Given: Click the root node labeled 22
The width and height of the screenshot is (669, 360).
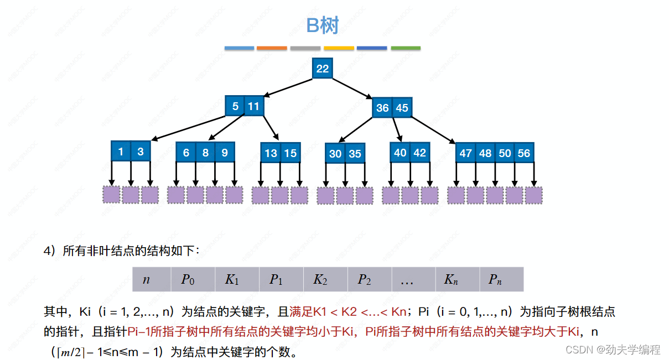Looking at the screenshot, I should pos(322,69).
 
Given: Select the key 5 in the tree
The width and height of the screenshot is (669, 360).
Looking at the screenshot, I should pos(235,106).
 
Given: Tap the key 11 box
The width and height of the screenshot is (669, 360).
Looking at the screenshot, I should pos(253,106).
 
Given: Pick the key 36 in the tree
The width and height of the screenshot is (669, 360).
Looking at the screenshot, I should pos(382,108).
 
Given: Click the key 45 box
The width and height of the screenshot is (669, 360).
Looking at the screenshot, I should pos(402,108).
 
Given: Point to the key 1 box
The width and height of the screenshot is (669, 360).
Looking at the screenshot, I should pos(121,151).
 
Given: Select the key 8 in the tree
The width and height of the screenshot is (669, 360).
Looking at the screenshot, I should pos(205,152).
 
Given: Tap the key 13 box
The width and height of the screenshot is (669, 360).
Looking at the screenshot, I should pos(271,153).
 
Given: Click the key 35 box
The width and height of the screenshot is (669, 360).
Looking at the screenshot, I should pos(355,153).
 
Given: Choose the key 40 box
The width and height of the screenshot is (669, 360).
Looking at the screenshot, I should pos(400,152).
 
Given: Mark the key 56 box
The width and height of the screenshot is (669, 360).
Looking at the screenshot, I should pos(523,153).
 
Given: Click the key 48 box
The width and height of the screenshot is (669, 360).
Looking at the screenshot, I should pos(485,153).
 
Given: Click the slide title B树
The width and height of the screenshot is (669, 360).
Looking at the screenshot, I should pos(322,25).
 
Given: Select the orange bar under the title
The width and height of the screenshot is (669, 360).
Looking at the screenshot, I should pos(272,48).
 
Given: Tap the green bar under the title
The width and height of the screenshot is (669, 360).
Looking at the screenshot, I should pos(405,48).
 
